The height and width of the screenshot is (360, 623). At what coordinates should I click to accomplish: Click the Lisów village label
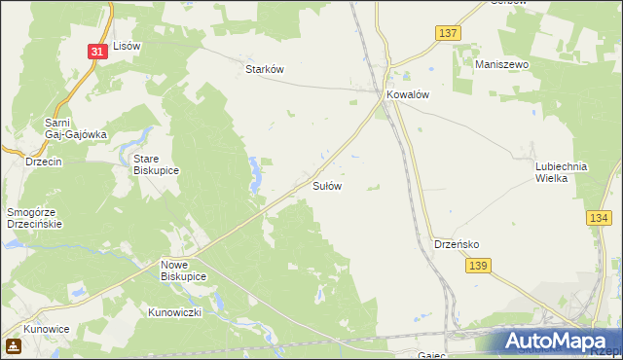[x=128, y=46]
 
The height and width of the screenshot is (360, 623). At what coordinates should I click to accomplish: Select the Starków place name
[x=263, y=69]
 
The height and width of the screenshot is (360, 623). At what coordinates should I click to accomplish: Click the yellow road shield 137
[x=447, y=33]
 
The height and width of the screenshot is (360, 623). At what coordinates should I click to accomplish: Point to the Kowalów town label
[x=408, y=94]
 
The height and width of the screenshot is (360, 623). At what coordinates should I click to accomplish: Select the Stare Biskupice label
[x=156, y=163]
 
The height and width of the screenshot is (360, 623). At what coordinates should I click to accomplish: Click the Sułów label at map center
[x=326, y=185]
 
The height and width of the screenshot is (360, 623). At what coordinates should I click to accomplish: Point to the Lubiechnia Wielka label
[x=561, y=172]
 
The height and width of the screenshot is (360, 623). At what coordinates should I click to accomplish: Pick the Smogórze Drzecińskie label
[x=34, y=217]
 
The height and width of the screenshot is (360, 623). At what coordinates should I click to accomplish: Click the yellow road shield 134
[x=598, y=220]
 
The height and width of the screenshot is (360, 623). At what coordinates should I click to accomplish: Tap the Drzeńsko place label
[x=456, y=244]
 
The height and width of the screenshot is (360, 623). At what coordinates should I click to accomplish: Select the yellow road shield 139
[x=476, y=265]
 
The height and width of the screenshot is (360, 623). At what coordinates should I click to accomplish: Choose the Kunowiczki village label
[x=174, y=312]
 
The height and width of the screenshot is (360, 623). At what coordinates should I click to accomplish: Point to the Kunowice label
[x=47, y=329]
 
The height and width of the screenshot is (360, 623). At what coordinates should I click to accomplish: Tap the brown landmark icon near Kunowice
[x=14, y=345]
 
